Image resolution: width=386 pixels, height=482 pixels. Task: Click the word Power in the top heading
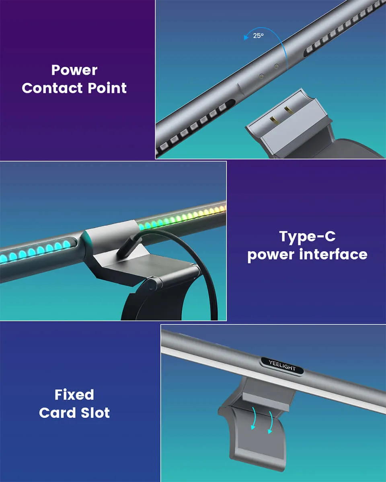click(74, 70)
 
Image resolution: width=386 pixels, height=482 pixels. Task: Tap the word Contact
click(50, 88)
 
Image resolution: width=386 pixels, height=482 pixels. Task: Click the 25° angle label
click(259, 36)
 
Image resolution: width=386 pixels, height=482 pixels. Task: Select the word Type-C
click(307, 237)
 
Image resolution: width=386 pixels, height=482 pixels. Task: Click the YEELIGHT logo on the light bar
click(282, 365)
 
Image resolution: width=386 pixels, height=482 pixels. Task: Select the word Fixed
click(74, 395)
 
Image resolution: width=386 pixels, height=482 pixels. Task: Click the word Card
click(57, 413)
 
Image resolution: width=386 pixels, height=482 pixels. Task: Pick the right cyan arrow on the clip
click(271, 422)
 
